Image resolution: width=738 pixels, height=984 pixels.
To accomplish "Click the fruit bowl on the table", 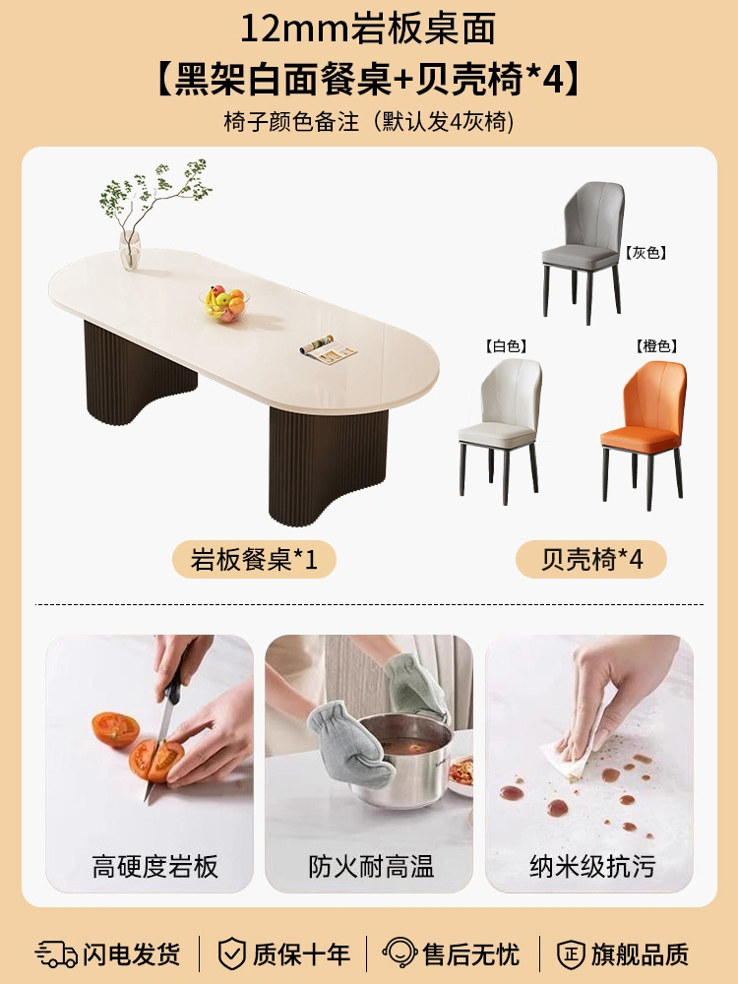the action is click(x=224, y=303).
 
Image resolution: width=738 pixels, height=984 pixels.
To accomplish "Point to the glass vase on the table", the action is click(x=129, y=250).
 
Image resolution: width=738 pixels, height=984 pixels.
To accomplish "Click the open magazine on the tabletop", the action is click(x=328, y=349).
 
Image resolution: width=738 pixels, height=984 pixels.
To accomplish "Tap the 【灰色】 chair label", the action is click(x=646, y=253).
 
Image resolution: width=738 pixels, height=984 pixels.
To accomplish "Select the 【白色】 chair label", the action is click(x=506, y=345).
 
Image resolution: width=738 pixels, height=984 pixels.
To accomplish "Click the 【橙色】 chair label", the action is click(x=655, y=345).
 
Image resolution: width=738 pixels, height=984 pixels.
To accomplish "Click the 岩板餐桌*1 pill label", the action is click(x=254, y=559).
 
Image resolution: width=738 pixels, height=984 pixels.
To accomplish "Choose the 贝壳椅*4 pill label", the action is click(x=591, y=559).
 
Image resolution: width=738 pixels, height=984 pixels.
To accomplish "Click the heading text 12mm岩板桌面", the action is click(x=368, y=29).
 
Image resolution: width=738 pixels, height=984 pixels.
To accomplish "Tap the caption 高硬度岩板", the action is click(x=155, y=867).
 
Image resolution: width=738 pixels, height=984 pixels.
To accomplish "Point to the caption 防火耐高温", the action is click(x=371, y=867).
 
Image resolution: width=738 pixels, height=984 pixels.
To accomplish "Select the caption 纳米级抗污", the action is click(x=592, y=867).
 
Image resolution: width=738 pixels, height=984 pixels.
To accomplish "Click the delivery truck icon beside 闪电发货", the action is click(x=56, y=953).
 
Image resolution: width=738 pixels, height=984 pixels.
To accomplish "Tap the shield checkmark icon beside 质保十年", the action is click(x=231, y=953).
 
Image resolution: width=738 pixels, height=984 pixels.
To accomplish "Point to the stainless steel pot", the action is click(x=402, y=759).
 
